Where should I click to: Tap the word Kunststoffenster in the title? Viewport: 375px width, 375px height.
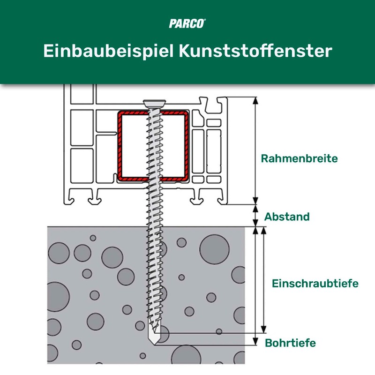(x=255, y=51)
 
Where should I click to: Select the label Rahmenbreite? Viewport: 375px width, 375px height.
(x=299, y=158)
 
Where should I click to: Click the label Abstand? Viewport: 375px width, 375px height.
(x=287, y=217)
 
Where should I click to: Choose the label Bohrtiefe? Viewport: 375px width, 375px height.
(x=290, y=343)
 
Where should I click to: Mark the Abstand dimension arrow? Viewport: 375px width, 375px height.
(x=256, y=216)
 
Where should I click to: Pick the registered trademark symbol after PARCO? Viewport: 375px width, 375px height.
(x=204, y=20)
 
